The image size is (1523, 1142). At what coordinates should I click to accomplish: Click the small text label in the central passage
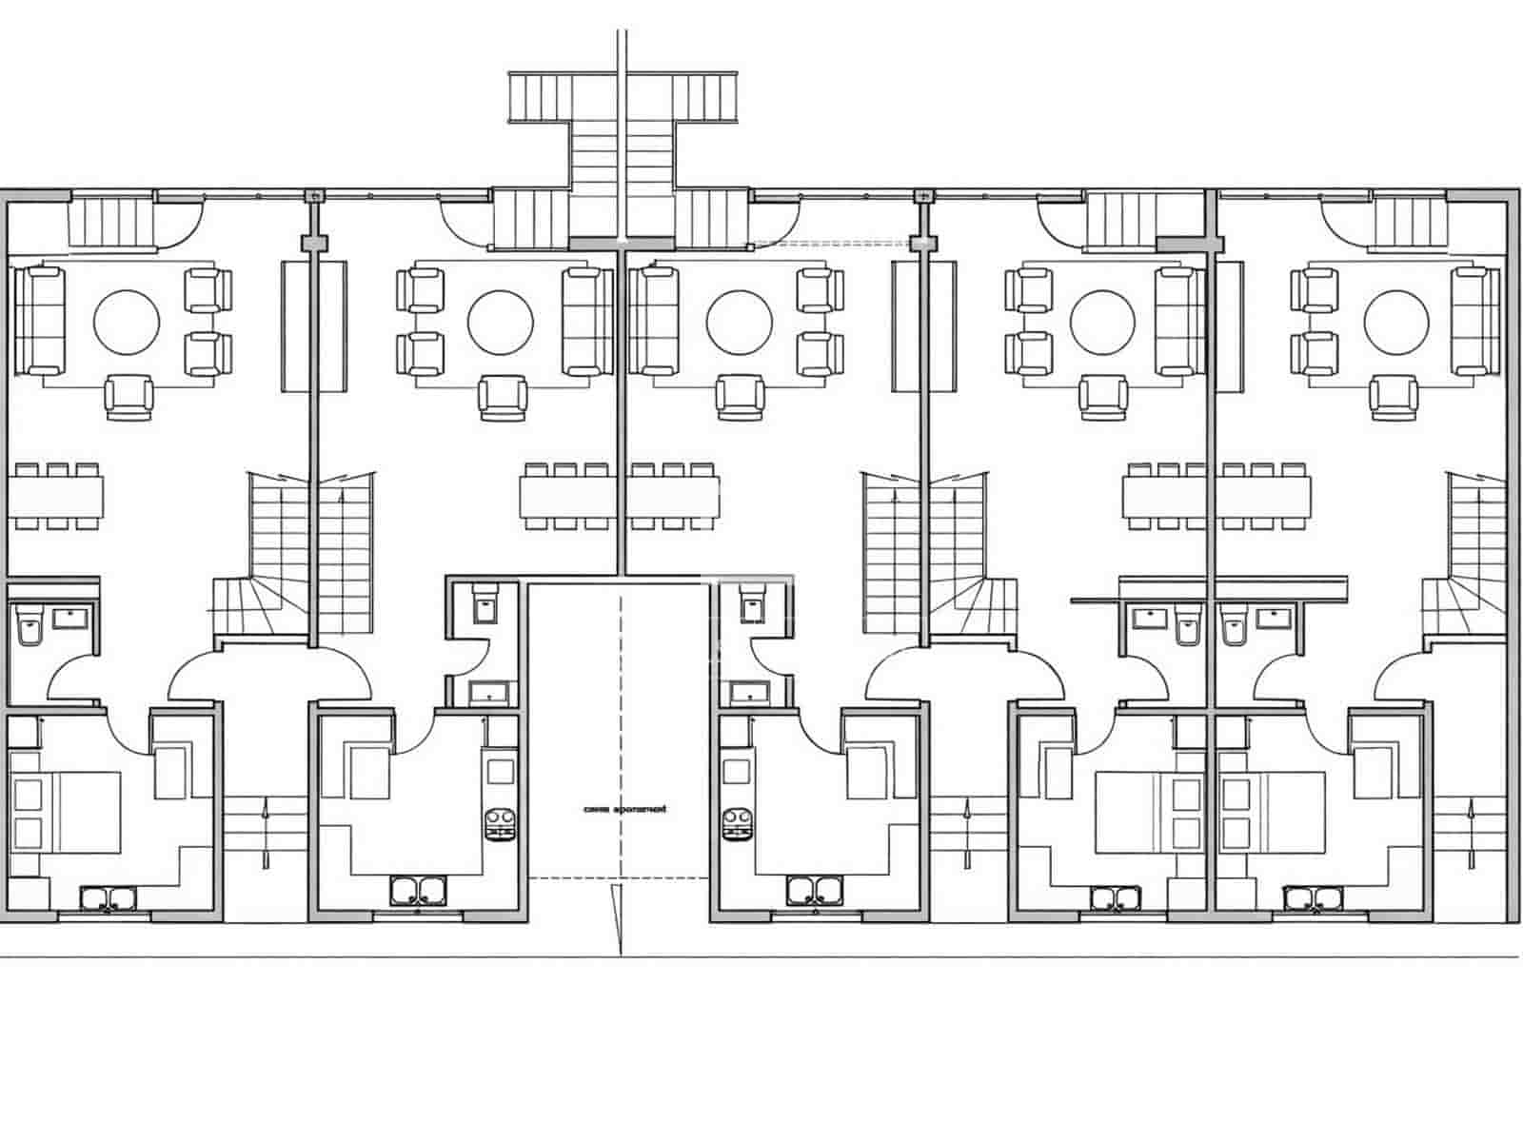point(620,809)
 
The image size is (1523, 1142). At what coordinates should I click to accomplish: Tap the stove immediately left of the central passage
point(500,824)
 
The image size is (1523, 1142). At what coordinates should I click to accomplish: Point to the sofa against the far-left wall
point(38,320)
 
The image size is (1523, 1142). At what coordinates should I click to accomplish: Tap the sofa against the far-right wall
point(1475,320)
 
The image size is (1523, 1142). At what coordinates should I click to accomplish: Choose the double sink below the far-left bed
point(109,898)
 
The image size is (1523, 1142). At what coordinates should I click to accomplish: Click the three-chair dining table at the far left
point(57,496)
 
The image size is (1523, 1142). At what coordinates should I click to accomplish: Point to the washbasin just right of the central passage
point(747,692)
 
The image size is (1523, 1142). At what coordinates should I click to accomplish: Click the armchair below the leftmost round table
point(129,397)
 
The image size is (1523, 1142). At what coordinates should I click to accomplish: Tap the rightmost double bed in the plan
point(1273,812)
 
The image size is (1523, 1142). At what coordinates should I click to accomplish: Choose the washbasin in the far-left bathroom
point(70,618)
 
